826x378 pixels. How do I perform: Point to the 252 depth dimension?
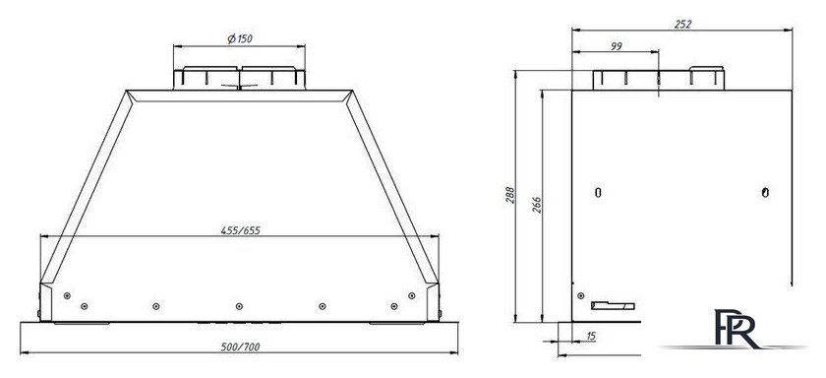tap(682, 22)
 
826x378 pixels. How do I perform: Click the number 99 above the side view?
tap(616, 46)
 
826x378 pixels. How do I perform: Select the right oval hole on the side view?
tap(765, 191)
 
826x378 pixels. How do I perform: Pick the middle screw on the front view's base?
tap(236, 305)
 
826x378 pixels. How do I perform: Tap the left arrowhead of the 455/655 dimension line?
tap(41, 236)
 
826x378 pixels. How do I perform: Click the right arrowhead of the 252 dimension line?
tap(792, 30)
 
